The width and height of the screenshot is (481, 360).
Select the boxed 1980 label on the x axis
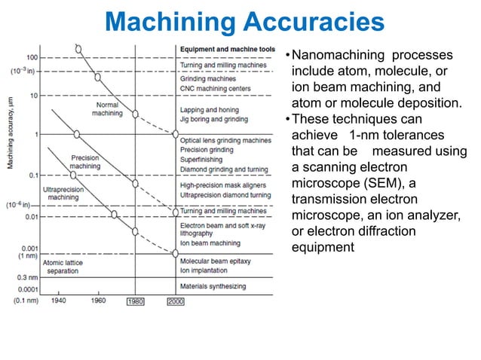pos(135,302)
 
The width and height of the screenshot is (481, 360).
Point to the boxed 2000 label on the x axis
pos(175,302)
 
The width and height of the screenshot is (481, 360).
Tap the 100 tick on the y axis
pos(33,57)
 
